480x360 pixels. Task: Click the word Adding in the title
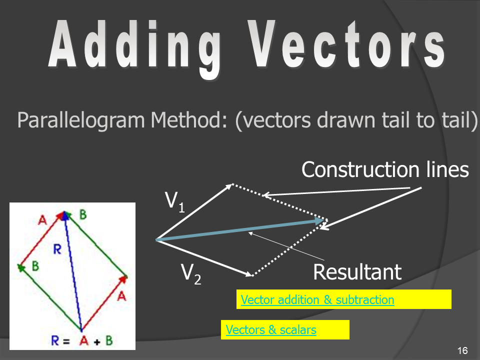[x=134, y=48]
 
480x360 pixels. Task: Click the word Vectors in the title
[x=346, y=44]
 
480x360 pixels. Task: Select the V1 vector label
[x=175, y=201]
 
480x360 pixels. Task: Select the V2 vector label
[x=191, y=273]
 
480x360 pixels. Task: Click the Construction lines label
[x=385, y=169]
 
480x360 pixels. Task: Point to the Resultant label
[x=357, y=272]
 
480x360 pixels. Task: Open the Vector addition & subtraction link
[x=317, y=299]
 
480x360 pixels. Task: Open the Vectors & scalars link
[x=271, y=329]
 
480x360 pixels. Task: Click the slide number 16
[x=462, y=350]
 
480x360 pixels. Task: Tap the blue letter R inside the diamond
[x=57, y=249]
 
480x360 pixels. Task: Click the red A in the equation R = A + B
[x=83, y=340]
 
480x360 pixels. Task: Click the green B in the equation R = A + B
[x=109, y=340]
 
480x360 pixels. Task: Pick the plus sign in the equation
[x=96, y=341]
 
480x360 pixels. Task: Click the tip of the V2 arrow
[x=252, y=275]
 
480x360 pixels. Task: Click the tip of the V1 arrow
[x=232, y=184]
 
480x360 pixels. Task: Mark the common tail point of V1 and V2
[x=156, y=239]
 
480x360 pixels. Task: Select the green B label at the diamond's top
[x=83, y=214]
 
